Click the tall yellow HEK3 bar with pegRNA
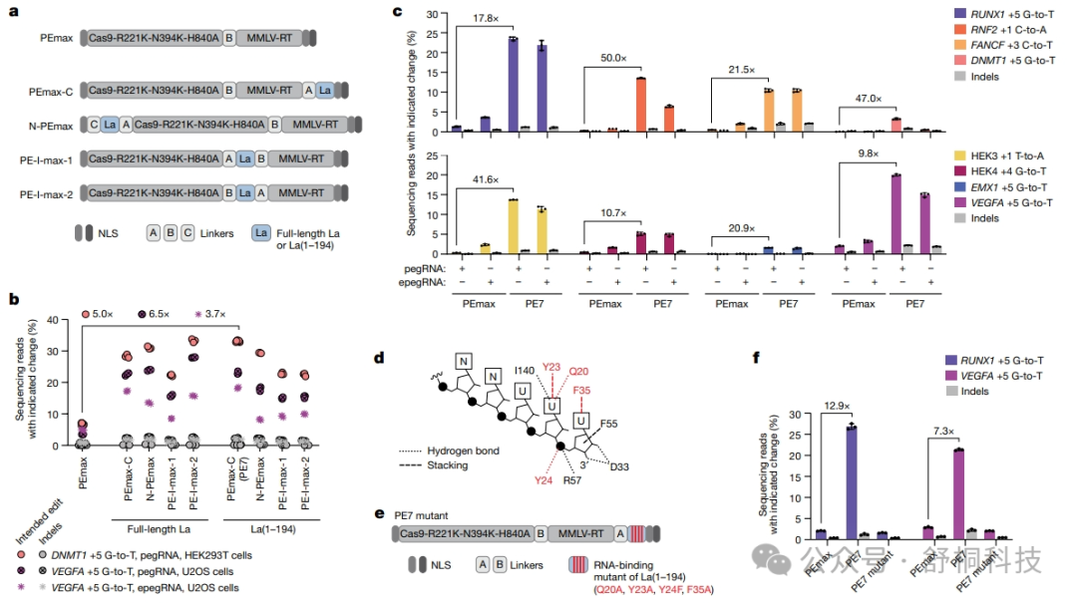513,226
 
